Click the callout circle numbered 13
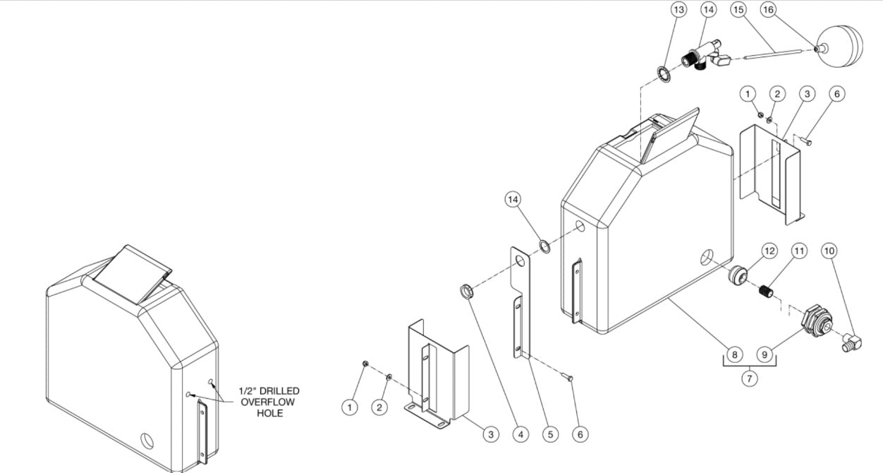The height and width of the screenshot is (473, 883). (x=678, y=10)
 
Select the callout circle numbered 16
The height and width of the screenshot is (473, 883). (x=768, y=10)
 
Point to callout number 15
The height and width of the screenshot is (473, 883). (x=738, y=10)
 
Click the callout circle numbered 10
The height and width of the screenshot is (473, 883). (x=829, y=251)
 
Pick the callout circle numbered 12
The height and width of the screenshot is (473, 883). (x=769, y=251)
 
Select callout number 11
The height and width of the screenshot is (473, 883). (x=798, y=251)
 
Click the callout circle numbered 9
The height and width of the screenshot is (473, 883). (x=765, y=354)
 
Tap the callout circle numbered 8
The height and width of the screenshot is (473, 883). (x=734, y=354)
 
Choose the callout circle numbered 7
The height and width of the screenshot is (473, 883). (x=749, y=379)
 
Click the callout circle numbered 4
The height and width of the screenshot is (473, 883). (x=520, y=434)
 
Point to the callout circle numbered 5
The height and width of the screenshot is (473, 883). (x=550, y=434)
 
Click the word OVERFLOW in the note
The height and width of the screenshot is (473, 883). (x=268, y=402)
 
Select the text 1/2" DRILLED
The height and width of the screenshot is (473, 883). (x=268, y=390)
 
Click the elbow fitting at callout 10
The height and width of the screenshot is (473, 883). (x=851, y=343)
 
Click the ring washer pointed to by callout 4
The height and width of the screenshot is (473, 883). (x=467, y=291)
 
